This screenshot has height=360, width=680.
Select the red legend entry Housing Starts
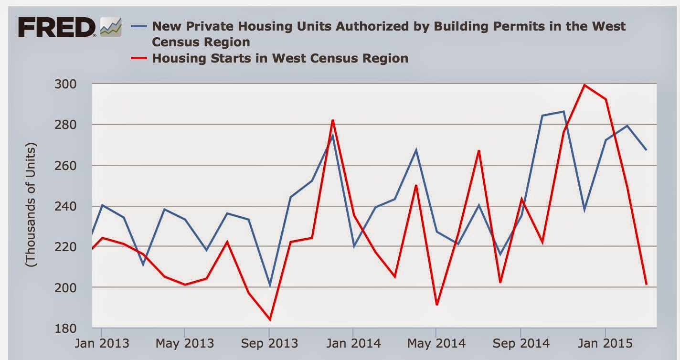(280, 58)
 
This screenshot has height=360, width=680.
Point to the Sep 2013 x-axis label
(269, 343)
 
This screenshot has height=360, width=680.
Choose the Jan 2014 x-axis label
(352, 343)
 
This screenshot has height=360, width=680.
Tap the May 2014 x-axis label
(436, 343)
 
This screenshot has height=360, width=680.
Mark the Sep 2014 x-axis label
(521, 343)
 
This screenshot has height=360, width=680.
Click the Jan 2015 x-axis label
(605, 343)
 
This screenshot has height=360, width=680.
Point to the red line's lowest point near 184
(270, 319)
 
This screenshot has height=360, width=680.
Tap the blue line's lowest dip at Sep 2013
(270, 286)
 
